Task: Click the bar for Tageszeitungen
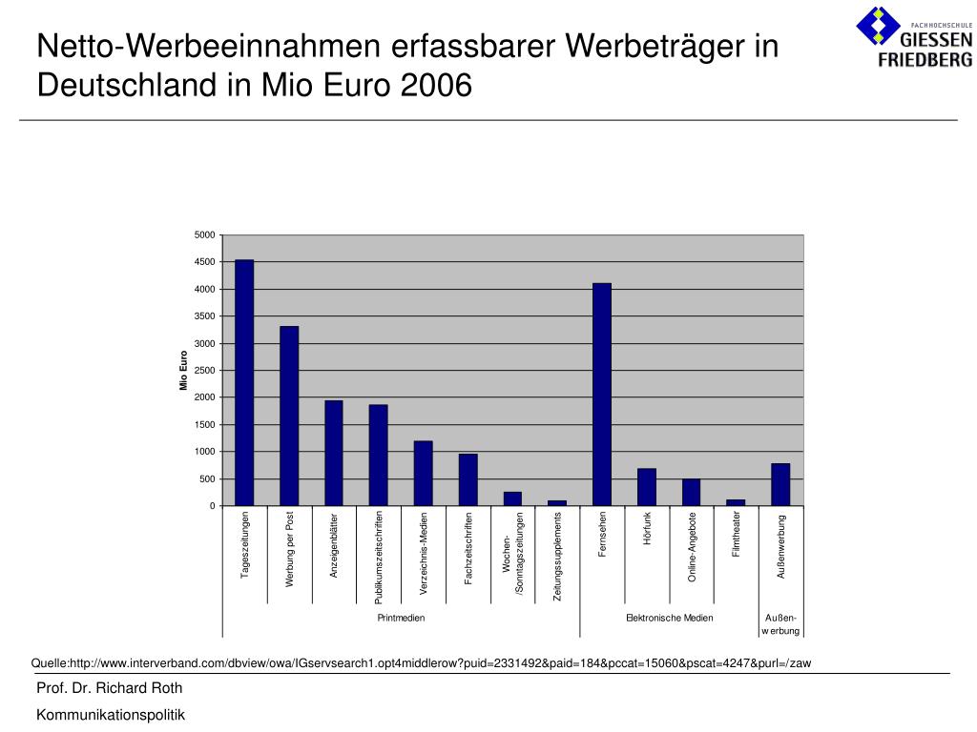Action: [x=244, y=382]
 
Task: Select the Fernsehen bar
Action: [x=602, y=394]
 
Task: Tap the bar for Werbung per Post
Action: [x=289, y=416]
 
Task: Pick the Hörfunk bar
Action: [x=647, y=487]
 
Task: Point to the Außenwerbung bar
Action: [x=780, y=484]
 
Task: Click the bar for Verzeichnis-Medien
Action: [x=423, y=473]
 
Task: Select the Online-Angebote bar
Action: [x=691, y=492]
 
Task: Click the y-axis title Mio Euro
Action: [x=184, y=371]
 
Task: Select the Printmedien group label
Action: [x=401, y=619]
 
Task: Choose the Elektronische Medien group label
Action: [x=669, y=619]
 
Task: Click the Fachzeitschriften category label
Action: [x=468, y=548]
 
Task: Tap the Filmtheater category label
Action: [x=737, y=535]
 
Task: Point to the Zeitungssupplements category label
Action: [x=558, y=557]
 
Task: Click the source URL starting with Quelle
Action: [x=421, y=663]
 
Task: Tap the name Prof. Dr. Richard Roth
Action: [x=109, y=688]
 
